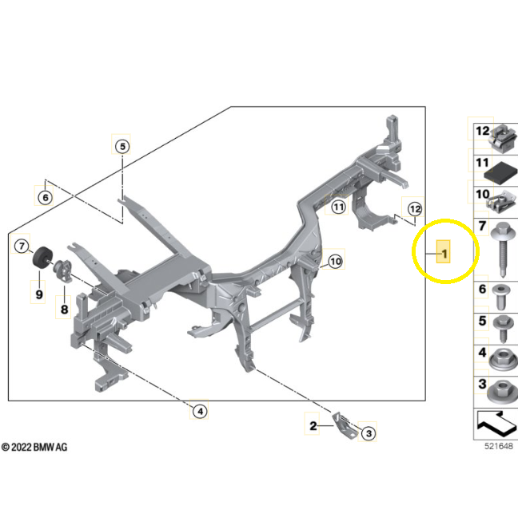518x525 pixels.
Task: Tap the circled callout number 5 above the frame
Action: pos(122,146)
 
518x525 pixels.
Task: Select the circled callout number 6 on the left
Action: pos(46,197)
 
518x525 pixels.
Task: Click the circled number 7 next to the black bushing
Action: pos(22,247)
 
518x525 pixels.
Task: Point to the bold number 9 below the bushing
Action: pos(38,295)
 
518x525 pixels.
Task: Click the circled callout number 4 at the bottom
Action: pos(199,411)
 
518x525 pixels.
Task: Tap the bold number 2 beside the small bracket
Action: pos(313,426)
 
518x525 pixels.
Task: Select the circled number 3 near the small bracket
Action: pos(367,433)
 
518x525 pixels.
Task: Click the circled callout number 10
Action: pos(335,261)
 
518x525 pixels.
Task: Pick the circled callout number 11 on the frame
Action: pos(338,207)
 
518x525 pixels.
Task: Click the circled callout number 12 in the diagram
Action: pos(413,209)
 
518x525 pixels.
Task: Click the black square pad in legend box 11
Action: pos(504,170)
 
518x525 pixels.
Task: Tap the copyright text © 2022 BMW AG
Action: pos(35,448)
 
